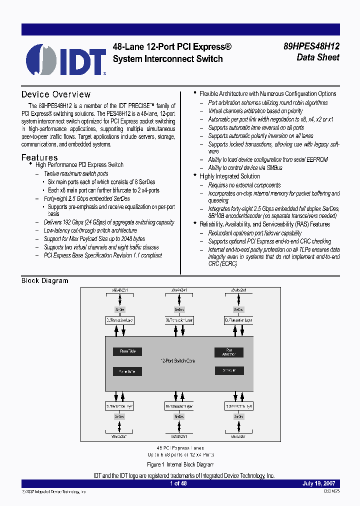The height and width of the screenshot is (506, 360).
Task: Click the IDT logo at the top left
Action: click(65, 59)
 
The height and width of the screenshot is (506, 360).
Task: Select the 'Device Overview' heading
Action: click(56, 94)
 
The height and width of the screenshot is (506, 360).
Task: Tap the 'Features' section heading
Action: click(39, 157)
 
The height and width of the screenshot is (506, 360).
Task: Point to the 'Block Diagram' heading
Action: click(44, 280)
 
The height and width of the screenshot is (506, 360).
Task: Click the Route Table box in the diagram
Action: click(127, 351)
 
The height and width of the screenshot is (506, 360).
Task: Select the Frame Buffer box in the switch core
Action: click(127, 371)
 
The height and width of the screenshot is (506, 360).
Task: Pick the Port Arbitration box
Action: click(228, 352)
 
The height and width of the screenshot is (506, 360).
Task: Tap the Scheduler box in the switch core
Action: click(228, 370)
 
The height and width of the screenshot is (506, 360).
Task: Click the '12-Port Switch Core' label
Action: click(177, 360)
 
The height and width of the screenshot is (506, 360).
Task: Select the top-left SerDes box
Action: click(119, 309)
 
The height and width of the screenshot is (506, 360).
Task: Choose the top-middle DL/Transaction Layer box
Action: click(179, 320)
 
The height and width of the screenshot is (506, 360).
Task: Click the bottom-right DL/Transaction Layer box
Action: click(238, 406)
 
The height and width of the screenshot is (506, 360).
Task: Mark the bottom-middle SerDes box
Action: click(179, 416)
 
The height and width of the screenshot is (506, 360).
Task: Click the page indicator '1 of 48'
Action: click(178, 483)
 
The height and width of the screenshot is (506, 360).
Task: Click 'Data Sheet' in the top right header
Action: click(318, 57)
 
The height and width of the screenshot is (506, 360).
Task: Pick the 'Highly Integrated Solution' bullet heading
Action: click(229, 176)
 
